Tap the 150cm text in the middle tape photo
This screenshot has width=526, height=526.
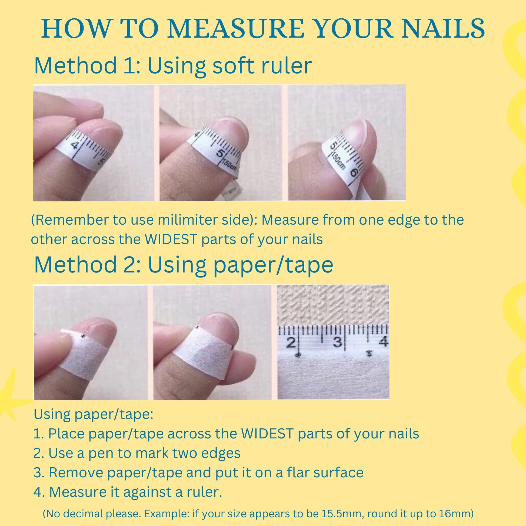(230, 166)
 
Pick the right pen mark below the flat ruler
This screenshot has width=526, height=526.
(369, 353)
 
